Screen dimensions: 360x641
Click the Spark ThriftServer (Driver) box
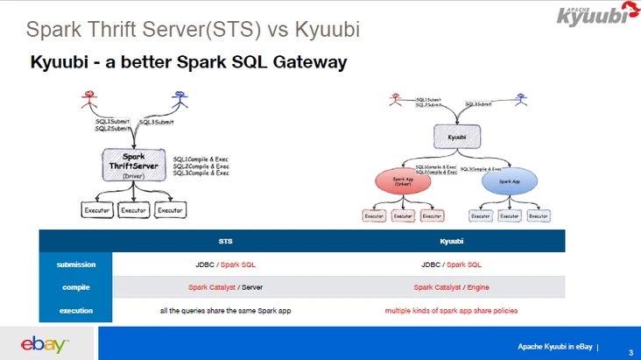coord(133,164)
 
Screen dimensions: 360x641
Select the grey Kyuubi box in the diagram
coord(456,138)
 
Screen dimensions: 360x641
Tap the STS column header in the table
coord(225,239)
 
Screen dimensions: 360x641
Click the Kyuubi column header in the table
coord(451,239)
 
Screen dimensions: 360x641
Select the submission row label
coord(76,264)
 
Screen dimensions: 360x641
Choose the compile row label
coord(76,286)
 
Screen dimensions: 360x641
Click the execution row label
coord(76,310)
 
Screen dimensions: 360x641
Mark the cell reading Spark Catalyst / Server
coord(225,286)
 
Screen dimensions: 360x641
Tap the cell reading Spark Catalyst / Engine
coord(451,286)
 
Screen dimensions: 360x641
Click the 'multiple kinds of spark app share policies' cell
coord(451,310)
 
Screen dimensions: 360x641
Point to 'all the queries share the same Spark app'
coord(225,310)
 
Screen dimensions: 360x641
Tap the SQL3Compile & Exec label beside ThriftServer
coord(201,173)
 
